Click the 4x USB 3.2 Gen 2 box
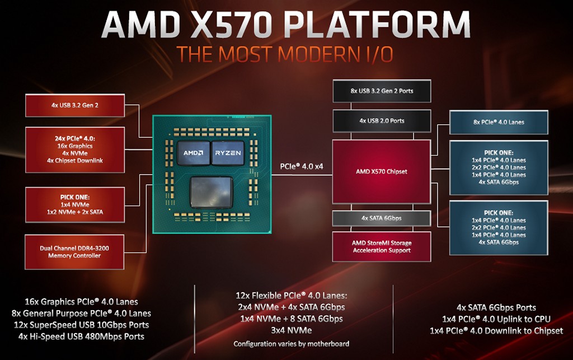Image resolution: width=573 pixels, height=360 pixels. pos(75,105)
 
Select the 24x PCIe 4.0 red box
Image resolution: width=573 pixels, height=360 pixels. pos(75,149)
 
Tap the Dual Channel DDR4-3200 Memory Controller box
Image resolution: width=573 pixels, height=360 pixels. pos(74,252)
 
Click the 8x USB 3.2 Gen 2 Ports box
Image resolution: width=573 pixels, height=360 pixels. pos(382,91)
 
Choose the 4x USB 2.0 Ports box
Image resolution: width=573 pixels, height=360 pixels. pos(382,120)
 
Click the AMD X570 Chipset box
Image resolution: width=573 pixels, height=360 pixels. pos(382,171)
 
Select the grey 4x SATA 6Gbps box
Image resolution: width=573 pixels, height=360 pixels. pos(382,218)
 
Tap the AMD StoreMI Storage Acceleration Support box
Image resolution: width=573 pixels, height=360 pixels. pos(382,246)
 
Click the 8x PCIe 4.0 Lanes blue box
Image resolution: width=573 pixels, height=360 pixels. pos(499,122)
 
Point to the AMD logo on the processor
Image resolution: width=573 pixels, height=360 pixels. pos(193,153)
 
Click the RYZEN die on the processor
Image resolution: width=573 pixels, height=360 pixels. pos(228,153)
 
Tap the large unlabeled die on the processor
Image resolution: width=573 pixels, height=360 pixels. pos(212,192)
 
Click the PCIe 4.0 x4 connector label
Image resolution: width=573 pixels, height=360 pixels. pos(302,166)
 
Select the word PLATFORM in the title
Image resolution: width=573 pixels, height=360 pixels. pos(377,24)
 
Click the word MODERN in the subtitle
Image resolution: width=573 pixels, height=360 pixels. pos(319,54)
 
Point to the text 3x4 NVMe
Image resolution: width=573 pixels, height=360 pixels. pos(291,330)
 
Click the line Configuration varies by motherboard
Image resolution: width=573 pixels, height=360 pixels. pos(291,344)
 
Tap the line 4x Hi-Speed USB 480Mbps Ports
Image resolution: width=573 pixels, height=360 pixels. pos(81,336)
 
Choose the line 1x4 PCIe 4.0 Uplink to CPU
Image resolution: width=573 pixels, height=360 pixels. pos(496,319)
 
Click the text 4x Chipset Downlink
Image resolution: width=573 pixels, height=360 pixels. pos(75,161)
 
